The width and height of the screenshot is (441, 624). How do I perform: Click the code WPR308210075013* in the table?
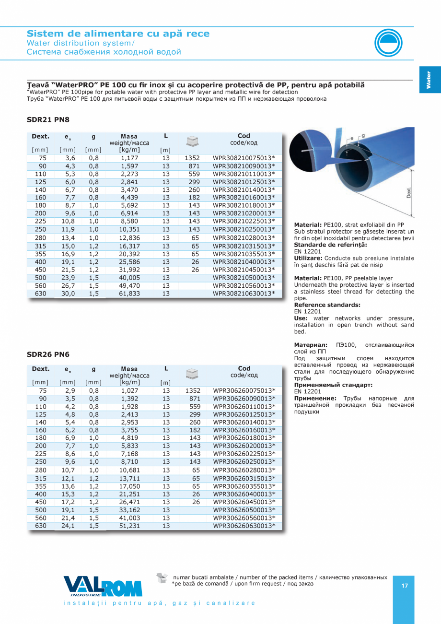(244, 158)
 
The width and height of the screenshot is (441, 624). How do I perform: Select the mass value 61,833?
(129, 294)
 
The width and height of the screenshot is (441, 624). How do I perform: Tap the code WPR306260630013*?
(244, 526)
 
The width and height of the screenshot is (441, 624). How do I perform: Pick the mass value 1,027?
(129, 390)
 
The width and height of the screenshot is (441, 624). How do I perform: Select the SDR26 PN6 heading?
(48, 354)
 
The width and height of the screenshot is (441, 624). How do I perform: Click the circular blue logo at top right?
(389, 42)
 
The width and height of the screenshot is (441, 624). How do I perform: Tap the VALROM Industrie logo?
(103, 586)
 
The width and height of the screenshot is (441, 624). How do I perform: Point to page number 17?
(405, 586)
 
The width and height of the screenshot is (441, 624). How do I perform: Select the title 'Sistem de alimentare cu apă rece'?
(118, 34)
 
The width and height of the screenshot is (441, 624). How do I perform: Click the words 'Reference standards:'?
(327, 305)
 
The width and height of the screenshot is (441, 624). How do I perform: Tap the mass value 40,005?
(129, 278)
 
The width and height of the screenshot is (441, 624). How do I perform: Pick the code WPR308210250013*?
(244, 229)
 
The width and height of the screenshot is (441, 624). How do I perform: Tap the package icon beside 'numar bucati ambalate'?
(162, 577)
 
